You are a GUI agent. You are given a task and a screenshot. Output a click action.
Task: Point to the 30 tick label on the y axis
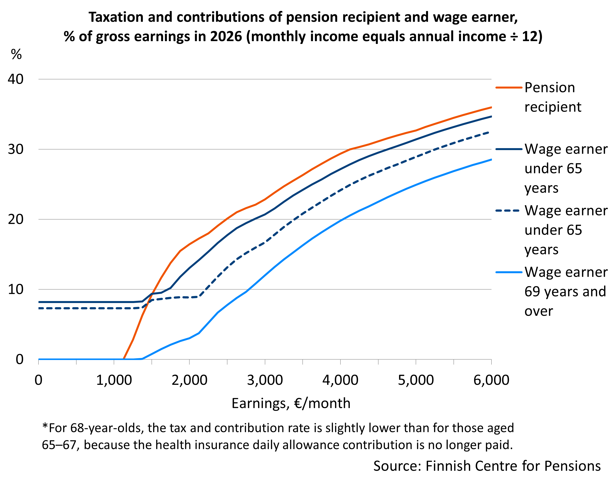[x=16, y=149]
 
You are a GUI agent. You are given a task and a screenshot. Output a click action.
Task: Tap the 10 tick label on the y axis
[x=16, y=289]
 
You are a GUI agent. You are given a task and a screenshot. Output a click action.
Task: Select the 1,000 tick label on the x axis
[x=114, y=380]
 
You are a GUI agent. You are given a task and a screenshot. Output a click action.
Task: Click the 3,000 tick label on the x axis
[x=265, y=380]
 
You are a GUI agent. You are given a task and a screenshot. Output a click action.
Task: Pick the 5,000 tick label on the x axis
[x=416, y=380]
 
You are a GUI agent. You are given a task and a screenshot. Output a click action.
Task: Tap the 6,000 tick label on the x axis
[x=491, y=380]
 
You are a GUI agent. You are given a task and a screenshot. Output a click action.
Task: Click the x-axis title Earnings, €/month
[x=291, y=403]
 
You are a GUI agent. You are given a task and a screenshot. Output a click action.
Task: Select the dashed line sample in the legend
[x=509, y=211]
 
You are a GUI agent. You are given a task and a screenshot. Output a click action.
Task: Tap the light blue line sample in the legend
[x=509, y=272]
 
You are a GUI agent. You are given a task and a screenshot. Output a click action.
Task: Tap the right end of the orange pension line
[x=491, y=107]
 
